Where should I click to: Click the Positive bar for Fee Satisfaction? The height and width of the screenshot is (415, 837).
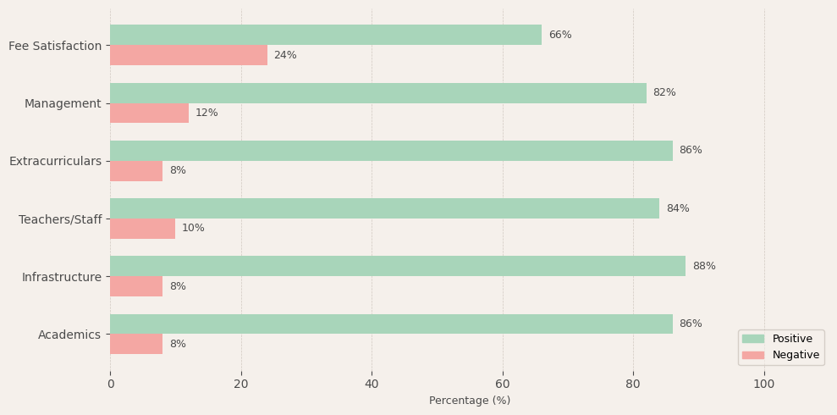(x=326, y=35)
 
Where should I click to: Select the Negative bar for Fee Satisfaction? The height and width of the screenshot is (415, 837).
(x=189, y=55)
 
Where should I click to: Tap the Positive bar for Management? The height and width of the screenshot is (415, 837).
(x=378, y=93)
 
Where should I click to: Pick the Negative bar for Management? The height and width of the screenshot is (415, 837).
(x=149, y=113)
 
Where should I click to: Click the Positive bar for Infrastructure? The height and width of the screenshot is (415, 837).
(x=398, y=266)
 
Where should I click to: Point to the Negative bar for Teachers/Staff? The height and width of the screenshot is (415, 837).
(x=142, y=229)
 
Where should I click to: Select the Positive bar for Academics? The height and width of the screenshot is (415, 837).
(x=391, y=324)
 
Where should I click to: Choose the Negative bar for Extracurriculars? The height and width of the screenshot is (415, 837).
(x=136, y=171)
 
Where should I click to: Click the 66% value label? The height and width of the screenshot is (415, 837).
(x=560, y=35)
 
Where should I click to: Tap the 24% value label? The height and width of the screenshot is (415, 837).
(x=285, y=55)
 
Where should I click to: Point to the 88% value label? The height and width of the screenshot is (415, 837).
(x=704, y=266)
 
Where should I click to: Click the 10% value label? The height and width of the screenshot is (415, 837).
(x=193, y=229)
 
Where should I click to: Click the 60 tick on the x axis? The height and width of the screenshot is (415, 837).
(x=503, y=384)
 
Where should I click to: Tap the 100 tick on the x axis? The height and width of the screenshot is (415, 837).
(x=764, y=384)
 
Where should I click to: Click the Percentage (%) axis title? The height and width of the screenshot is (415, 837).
(x=470, y=401)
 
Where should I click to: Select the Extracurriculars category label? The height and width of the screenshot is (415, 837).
(x=55, y=161)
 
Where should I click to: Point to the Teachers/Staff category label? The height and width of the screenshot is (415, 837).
(x=60, y=219)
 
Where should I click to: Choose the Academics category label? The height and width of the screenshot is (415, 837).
(x=69, y=335)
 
